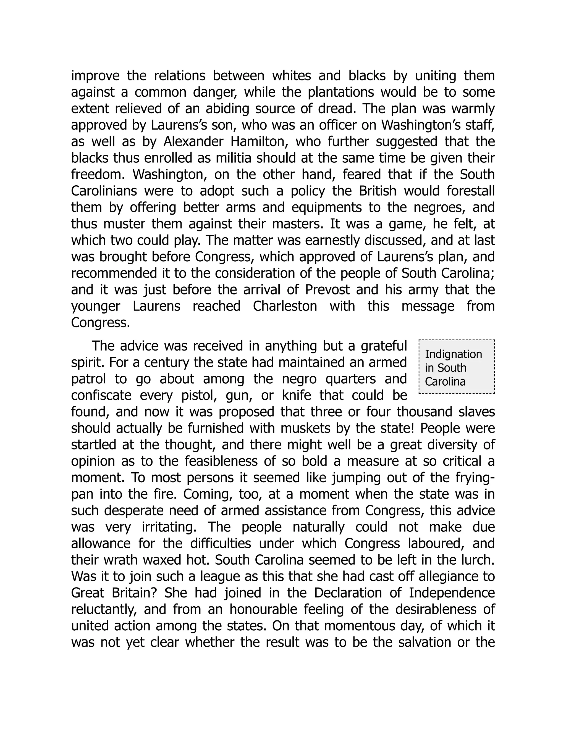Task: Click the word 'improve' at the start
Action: pyautogui.click(x=95, y=76)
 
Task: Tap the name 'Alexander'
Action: pyautogui.click(x=193, y=142)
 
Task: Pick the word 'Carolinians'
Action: pyautogui.click(x=104, y=191)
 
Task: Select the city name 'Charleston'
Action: pyautogui.click(x=285, y=306)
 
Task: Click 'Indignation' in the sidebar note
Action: pyautogui.click(x=453, y=354)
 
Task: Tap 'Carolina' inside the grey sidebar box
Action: pyautogui.click(x=445, y=382)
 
